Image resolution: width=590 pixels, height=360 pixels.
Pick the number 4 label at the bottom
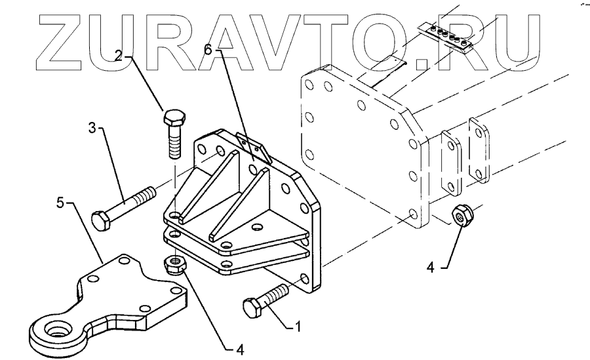tap(240, 350)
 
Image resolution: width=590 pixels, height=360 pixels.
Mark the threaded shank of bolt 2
tap(176, 146)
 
